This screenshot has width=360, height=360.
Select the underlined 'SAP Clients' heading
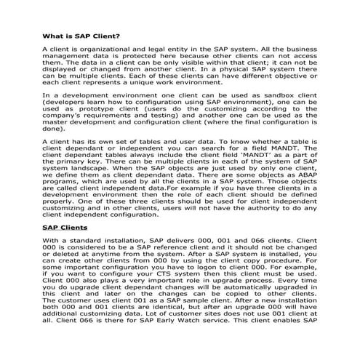point(64,227)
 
